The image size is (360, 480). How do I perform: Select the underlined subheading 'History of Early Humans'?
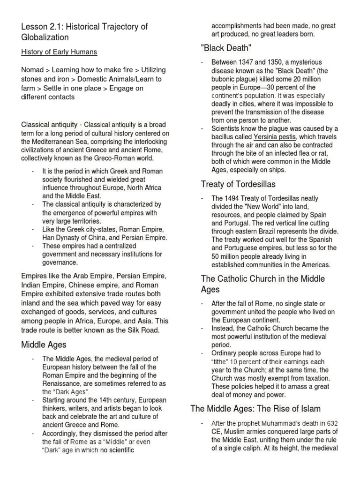click(59, 52)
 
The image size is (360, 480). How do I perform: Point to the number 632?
click(332, 424)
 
